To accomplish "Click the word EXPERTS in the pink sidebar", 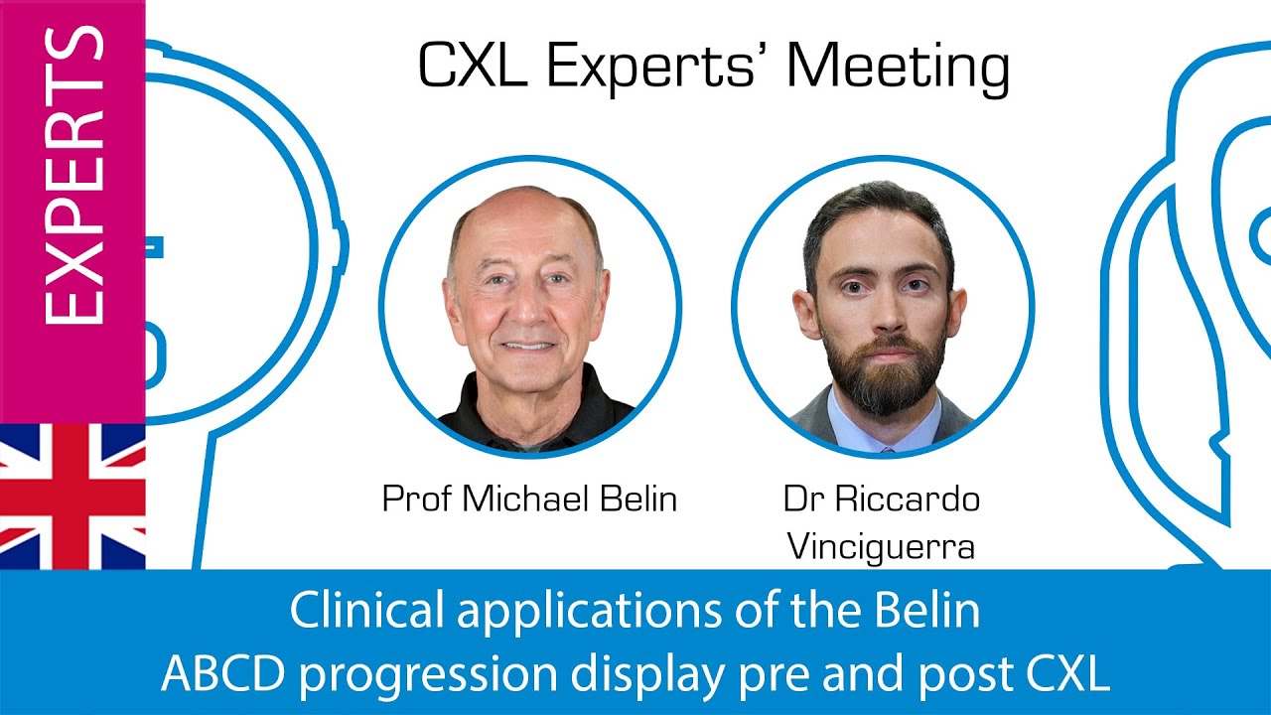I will tap(73, 177).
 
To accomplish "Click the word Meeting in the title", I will tap(899, 68).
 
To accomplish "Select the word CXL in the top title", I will tap(473, 68).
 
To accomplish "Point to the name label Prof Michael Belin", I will tap(529, 499).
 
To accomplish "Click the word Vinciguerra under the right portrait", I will tap(881, 546).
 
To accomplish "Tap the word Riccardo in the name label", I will tap(909, 499).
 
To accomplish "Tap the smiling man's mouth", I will tap(529, 346).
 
